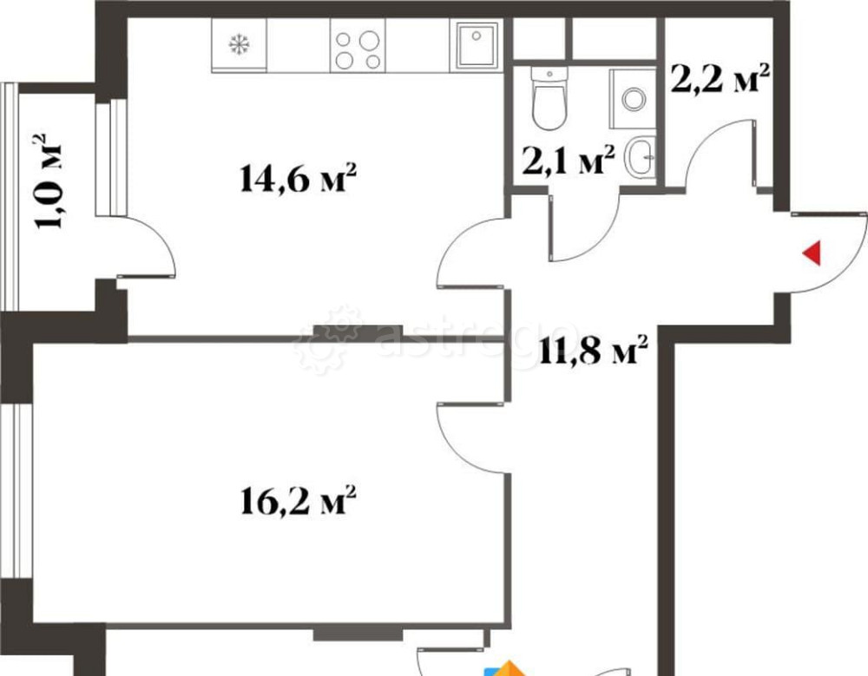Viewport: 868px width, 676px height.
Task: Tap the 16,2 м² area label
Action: (297, 501)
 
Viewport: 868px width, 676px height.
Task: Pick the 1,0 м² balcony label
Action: (50, 180)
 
